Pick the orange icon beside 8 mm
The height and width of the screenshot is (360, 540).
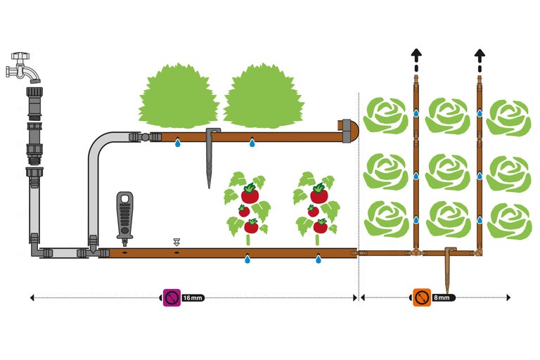click(x=421, y=297)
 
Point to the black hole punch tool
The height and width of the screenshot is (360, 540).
click(x=124, y=214)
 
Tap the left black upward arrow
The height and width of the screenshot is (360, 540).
click(x=416, y=56)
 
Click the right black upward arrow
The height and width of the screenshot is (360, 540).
click(x=480, y=56)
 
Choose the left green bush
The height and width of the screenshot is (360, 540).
click(x=179, y=96)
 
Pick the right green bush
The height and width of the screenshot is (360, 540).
click(x=264, y=96)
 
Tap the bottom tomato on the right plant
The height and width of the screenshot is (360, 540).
click(x=320, y=226)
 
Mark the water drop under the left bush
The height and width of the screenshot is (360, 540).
click(x=178, y=143)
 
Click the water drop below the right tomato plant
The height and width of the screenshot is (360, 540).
click(x=319, y=259)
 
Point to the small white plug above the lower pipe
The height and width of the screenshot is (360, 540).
click(x=176, y=242)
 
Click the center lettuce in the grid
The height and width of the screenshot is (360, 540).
click(x=448, y=171)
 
